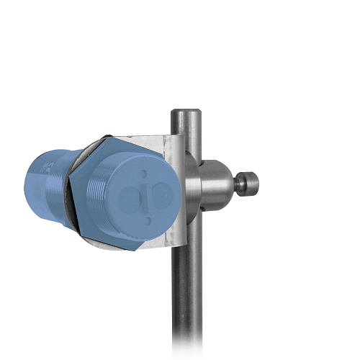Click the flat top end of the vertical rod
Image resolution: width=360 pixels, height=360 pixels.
186,112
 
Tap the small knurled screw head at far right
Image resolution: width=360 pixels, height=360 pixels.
248,184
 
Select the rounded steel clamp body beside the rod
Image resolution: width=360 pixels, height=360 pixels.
214,184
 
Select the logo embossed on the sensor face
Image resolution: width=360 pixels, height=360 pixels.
147,196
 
